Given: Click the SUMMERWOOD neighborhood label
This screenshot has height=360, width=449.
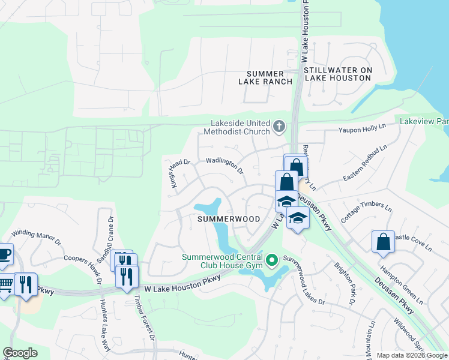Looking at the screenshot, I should point(229,219).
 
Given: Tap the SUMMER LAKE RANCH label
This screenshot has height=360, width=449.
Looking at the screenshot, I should point(265,77).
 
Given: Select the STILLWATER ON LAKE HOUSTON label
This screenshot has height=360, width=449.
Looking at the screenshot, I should point(338,74).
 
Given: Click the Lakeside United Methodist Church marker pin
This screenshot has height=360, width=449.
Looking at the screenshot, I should point(278,126).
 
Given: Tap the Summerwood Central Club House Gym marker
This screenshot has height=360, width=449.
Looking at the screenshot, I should point(271,259).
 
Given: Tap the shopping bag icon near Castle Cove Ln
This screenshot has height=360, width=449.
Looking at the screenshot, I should point(383,242).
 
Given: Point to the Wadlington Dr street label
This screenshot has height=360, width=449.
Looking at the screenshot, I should point(225,165).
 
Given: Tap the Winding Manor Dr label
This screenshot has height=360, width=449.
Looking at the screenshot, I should point(37,236).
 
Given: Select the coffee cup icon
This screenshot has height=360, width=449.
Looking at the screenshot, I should point(4,253).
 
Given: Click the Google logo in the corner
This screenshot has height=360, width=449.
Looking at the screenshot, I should point(20,352).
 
